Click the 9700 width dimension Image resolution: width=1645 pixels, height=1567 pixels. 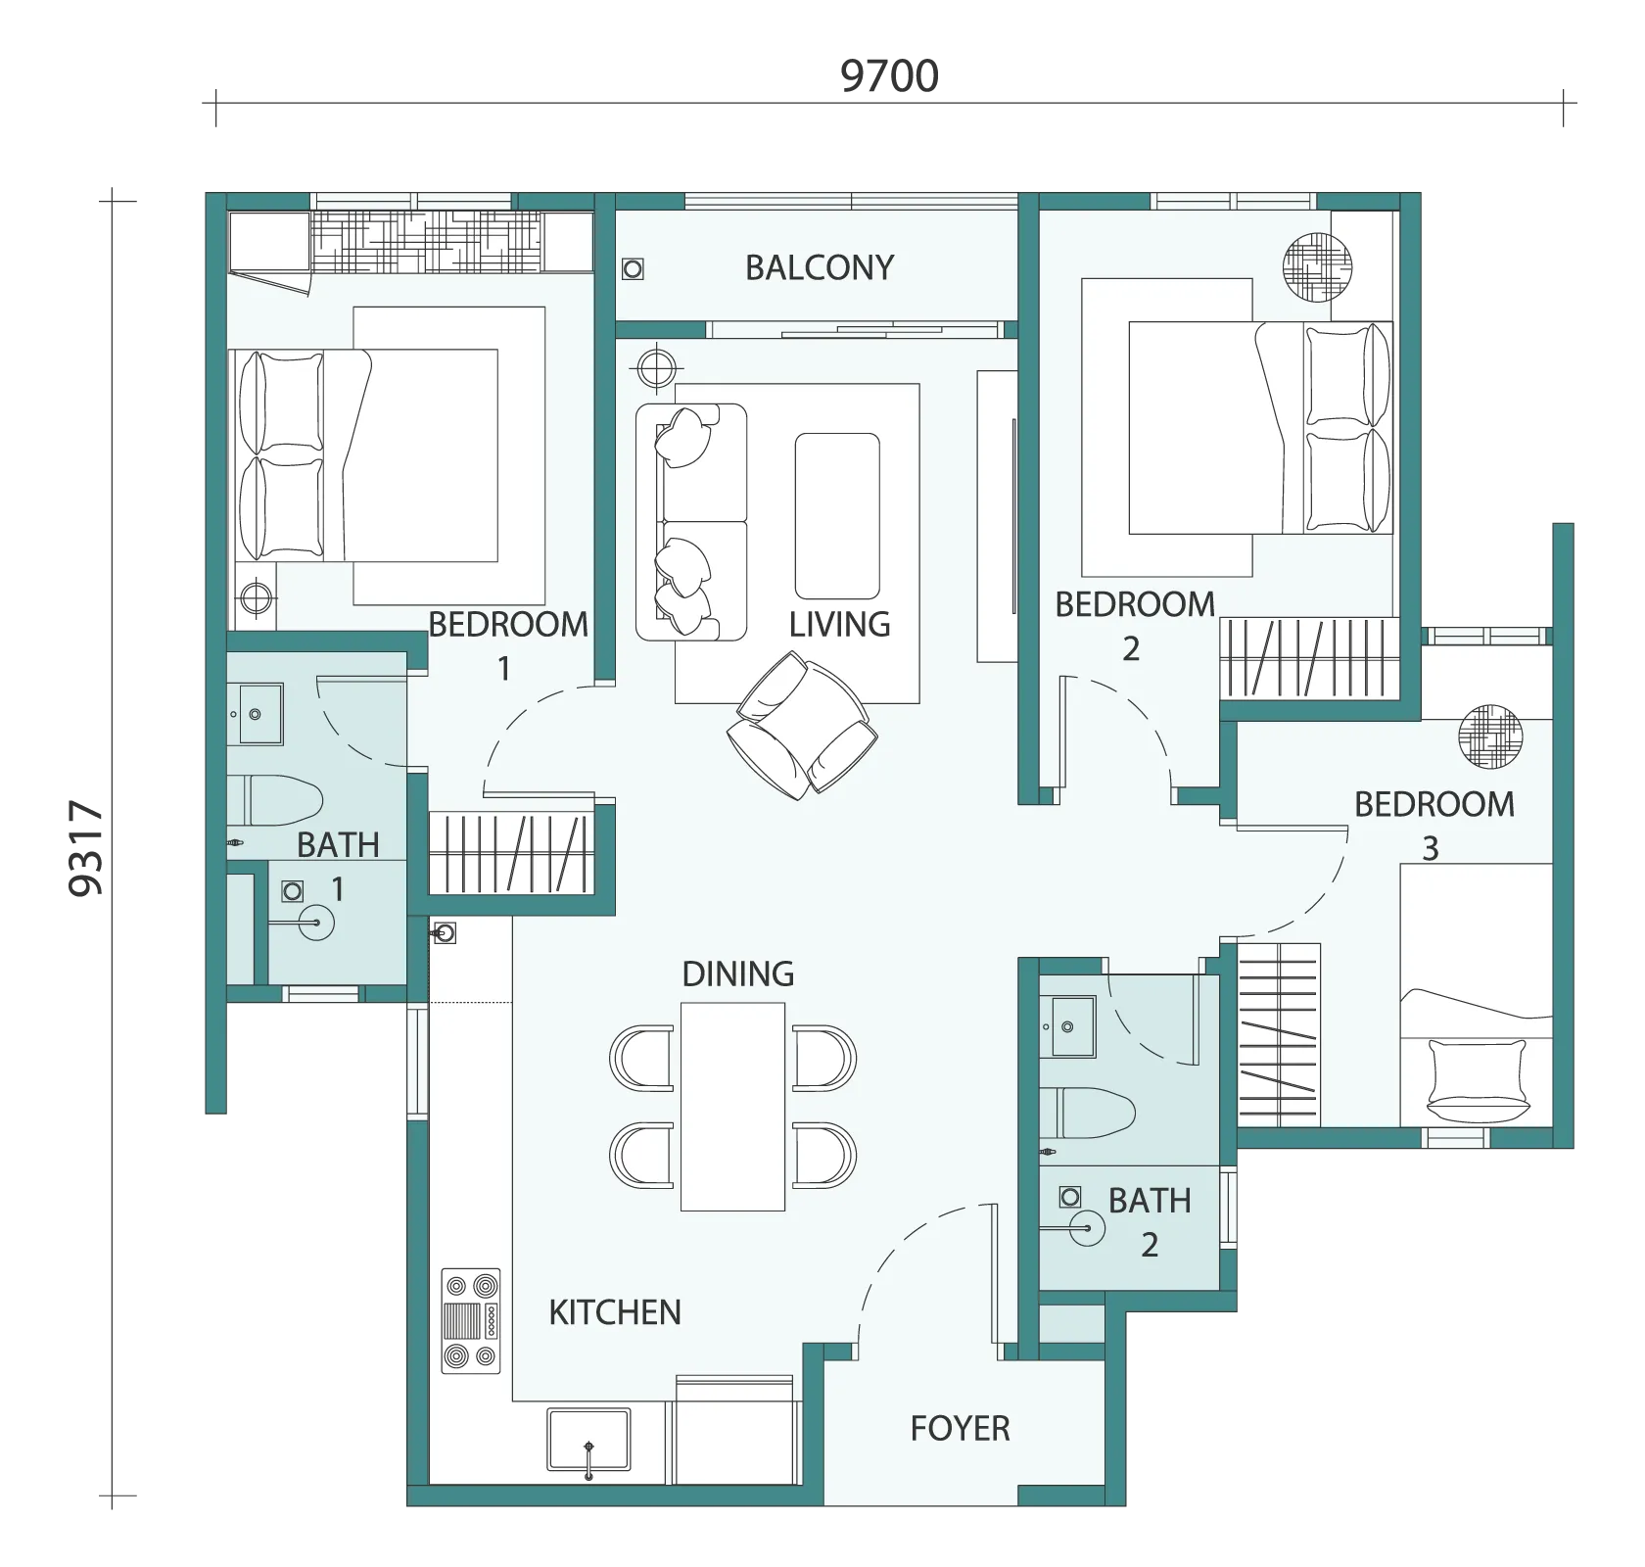coord(889,75)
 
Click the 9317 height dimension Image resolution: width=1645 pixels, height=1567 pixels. coord(87,848)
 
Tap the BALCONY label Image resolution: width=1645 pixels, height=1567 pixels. coord(820,267)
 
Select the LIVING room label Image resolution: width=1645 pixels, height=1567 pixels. coord(839,624)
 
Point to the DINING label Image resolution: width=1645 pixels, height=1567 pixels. coord(738,973)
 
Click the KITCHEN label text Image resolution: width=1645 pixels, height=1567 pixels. coord(615,1312)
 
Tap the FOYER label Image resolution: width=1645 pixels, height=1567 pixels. coord(960,1429)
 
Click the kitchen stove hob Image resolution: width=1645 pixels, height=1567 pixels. coord(471,1320)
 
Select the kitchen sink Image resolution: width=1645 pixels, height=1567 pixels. coord(588,1440)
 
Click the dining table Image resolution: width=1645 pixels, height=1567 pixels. coord(733,1106)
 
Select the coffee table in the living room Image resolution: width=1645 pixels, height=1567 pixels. coord(837,516)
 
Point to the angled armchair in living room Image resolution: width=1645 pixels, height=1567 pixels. coord(802,725)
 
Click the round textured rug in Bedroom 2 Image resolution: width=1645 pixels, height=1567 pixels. coord(1317,266)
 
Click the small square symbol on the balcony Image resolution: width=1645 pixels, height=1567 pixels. coord(634,268)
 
